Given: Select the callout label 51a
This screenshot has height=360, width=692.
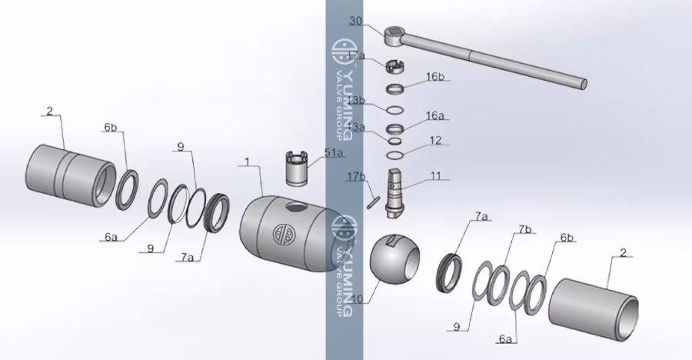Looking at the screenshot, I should (x=334, y=153).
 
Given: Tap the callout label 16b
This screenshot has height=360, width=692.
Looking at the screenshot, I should (x=435, y=76).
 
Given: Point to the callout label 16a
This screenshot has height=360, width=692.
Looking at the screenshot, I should (x=436, y=115).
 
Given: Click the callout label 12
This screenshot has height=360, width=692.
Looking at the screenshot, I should (x=436, y=141).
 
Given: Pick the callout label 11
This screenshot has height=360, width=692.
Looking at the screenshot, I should (x=436, y=176).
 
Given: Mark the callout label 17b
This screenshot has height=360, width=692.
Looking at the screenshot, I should (x=355, y=177).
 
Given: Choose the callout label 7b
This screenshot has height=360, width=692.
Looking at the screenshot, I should (x=525, y=229).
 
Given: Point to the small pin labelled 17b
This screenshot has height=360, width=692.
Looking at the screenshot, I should (x=374, y=198).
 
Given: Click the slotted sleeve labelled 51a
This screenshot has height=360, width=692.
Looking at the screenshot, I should (x=297, y=168).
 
